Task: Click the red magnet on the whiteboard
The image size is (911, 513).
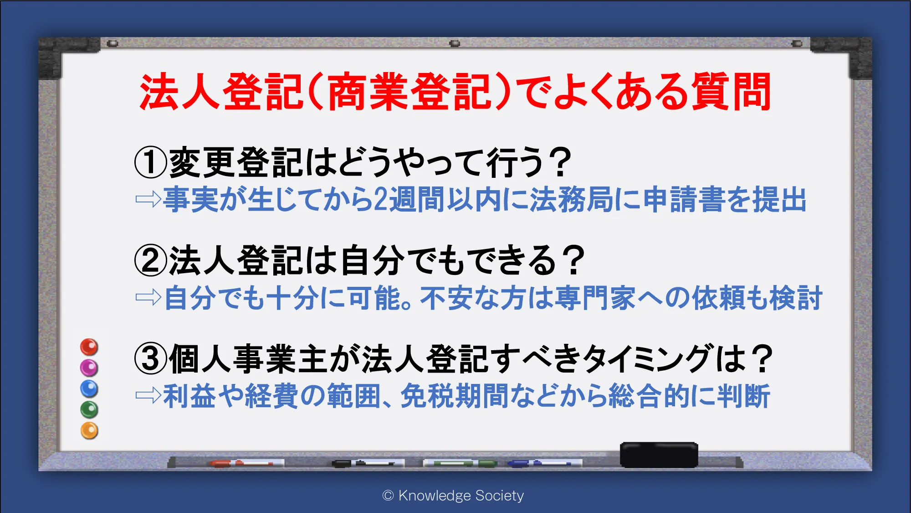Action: [x=89, y=347]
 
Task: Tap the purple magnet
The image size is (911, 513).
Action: [x=89, y=368]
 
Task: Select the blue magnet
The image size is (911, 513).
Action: [x=89, y=389]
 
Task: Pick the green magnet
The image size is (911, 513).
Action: [x=89, y=409]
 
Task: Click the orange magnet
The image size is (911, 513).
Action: [x=89, y=430]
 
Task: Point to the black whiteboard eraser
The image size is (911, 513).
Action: [x=659, y=455]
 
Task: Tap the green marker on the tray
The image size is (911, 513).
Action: [x=460, y=463]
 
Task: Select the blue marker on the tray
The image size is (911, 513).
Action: [x=545, y=463]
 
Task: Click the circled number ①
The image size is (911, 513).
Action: [x=151, y=163]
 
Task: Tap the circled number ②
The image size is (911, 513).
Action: [x=151, y=260]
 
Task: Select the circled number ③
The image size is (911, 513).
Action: [x=151, y=359]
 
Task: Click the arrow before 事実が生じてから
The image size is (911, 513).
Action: [x=148, y=199]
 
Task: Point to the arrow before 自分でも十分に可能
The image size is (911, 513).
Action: [x=148, y=298]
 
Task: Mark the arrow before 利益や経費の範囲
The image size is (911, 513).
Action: [x=148, y=395]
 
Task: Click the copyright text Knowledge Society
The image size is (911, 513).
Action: [x=453, y=495]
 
